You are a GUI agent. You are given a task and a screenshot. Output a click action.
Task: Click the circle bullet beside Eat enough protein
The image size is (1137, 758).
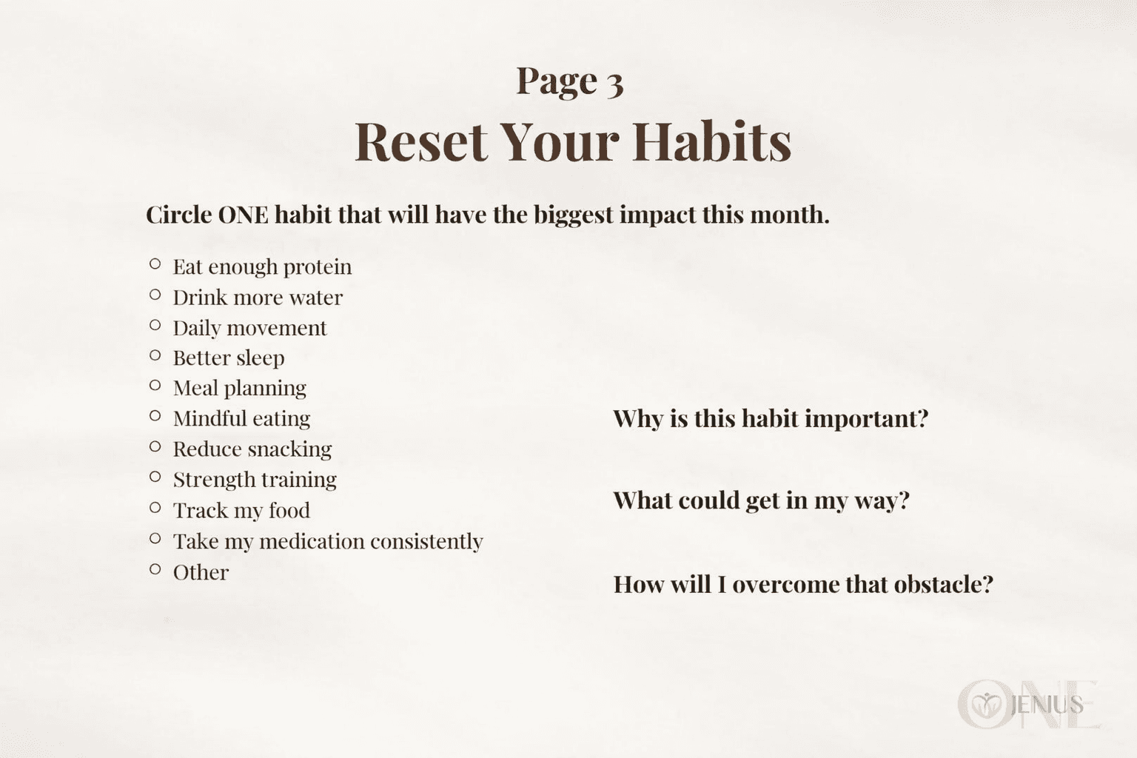[155, 264]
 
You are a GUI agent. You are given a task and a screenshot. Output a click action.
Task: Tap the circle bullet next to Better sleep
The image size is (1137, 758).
[155, 355]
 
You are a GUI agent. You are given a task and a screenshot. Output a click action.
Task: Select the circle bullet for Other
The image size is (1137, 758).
[155, 569]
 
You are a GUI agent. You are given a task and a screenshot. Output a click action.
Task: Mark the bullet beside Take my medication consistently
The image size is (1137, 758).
[155, 538]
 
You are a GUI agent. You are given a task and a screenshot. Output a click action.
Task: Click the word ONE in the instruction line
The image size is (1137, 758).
[243, 215]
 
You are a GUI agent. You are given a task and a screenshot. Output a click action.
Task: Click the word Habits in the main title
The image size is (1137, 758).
[712, 141]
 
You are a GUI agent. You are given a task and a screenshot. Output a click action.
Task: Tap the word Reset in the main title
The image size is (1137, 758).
[421, 141]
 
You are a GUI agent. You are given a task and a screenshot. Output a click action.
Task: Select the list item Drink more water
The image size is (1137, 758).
[258, 298]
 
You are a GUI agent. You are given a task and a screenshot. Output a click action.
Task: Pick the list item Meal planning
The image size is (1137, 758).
[240, 389]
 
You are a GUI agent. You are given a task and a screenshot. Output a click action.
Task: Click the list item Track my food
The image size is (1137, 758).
[241, 511]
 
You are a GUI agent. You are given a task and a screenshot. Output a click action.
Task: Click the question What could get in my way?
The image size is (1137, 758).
[762, 501]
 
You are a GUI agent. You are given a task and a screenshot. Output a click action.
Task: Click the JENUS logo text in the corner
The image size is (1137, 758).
[1047, 705]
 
